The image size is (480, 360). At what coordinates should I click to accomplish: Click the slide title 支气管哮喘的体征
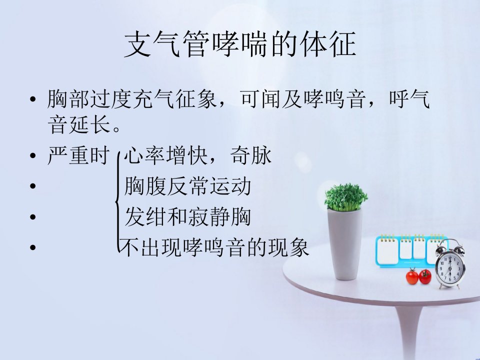pyautogui.click(x=240, y=44)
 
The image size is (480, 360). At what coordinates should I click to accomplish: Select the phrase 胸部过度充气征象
pyautogui.click(x=132, y=99)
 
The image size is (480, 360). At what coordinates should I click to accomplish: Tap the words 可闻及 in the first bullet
pyautogui.click(x=270, y=99)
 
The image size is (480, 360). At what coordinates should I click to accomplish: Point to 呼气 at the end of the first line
pyautogui.click(x=409, y=99)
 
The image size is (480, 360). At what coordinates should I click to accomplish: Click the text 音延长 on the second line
pyautogui.click(x=79, y=124)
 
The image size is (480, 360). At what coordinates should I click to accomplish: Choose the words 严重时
pyautogui.click(x=78, y=155)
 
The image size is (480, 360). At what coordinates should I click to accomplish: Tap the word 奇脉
pyautogui.click(x=250, y=155)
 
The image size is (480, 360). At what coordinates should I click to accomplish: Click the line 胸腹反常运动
pyautogui.click(x=187, y=186)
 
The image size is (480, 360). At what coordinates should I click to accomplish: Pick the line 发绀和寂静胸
pyautogui.click(x=187, y=216)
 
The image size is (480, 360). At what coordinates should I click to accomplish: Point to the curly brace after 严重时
pyautogui.click(x=116, y=202)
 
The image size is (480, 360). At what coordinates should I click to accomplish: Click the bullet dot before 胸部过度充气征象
pyautogui.click(x=33, y=99)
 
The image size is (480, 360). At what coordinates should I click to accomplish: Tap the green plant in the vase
pyautogui.click(x=345, y=197)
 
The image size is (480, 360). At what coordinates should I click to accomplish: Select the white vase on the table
pyautogui.click(x=345, y=244)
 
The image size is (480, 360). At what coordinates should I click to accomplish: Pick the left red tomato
pyautogui.click(x=412, y=276)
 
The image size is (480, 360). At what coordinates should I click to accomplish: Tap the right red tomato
pyautogui.click(x=425, y=276)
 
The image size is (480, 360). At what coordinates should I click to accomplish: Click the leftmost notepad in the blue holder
pyautogui.click(x=387, y=250)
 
